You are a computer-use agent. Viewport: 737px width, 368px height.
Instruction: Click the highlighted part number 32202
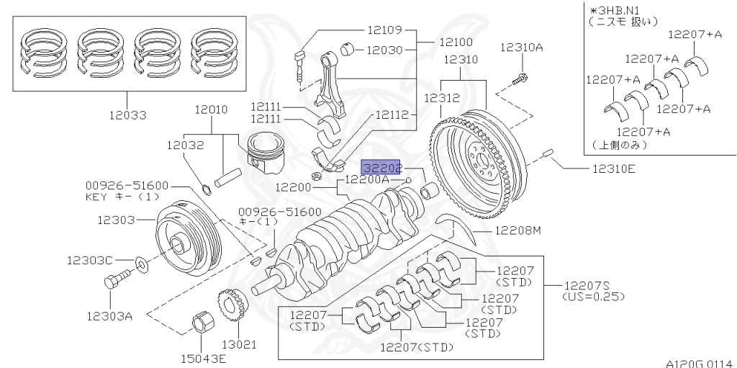point(381,168)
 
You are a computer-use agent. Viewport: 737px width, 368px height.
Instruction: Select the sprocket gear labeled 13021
point(232,308)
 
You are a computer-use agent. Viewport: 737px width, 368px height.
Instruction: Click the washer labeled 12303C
point(143,265)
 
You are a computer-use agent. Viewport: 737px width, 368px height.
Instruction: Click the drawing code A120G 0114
point(697,362)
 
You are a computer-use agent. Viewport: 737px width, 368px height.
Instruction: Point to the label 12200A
point(368,179)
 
